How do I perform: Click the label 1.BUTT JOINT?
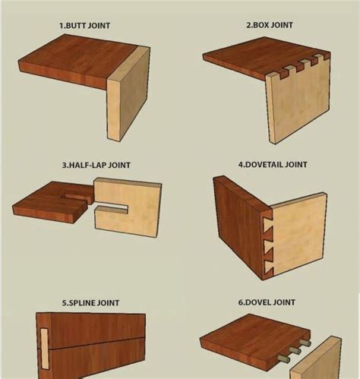point(85,25)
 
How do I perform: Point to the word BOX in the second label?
point(263,25)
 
